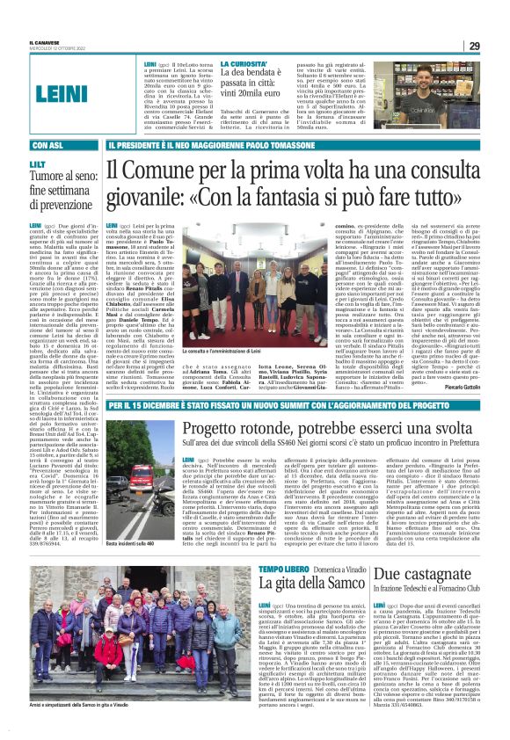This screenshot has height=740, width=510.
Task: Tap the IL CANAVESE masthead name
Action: pyautogui.click(x=43, y=43)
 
